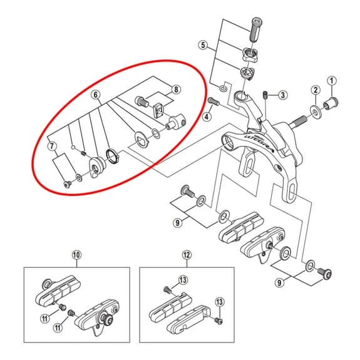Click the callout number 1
coord(332,81)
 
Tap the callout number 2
coord(316,90)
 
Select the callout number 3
coord(282,95)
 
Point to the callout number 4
coord(207,116)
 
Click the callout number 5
coord(203,45)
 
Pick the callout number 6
coord(96,95)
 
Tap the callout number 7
coord(52,146)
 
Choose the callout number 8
coord(176,90)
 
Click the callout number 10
coord(76,255)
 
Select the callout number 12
coord(187,255)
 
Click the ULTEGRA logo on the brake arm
coord(259,143)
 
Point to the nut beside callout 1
coord(331,103)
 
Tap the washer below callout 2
coord(316,111)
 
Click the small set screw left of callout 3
coord(265,95)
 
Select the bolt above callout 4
coord(213,101)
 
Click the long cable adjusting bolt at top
coord(255,29)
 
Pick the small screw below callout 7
coord(67,184)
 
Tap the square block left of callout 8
coord(158,110)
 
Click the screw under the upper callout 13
coord(167,290)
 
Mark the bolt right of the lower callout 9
coord(325,274)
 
